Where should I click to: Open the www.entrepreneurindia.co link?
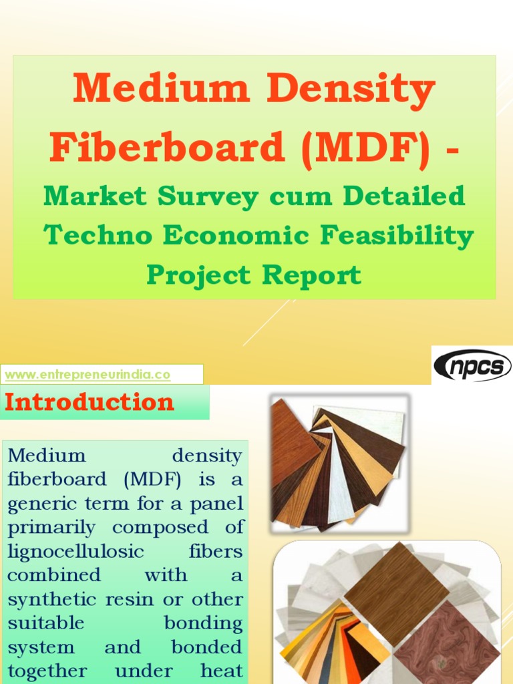click(88, 375)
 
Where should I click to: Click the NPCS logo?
click(472, 365)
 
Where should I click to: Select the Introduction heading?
click(90, 402)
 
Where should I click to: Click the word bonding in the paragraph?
click(203, 624)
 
